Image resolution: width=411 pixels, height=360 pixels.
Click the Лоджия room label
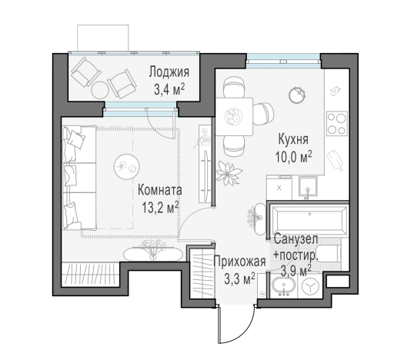tap(169, 72)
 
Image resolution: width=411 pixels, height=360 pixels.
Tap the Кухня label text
tap(293, 139)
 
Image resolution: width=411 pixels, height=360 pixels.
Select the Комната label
tap(160, 190)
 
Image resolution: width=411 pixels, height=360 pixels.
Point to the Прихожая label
tap(240, 262)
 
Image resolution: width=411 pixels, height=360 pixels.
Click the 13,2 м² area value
tap(160, 208)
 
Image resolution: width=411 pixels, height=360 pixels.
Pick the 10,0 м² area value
tap(293, 157)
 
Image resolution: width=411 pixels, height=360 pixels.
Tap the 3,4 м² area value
tap(169, 90)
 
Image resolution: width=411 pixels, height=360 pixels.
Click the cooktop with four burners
tap(337, 123)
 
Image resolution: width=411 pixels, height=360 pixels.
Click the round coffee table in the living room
tap(126, 167)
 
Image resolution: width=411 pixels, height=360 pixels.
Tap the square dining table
tap(234, 116)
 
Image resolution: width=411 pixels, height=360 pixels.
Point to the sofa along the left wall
tap(79, 178)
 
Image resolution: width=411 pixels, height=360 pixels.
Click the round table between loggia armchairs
tap(100, 89)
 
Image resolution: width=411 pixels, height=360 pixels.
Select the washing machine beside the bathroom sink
tap(311, 286)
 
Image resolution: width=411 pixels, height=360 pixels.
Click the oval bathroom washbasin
tap(284, 285)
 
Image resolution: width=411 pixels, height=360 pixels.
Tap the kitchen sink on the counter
tap(309, 187)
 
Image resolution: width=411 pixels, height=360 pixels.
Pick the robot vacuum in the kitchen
tap(297, 95)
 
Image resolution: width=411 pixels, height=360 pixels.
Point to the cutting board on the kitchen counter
tap(335, 160)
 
